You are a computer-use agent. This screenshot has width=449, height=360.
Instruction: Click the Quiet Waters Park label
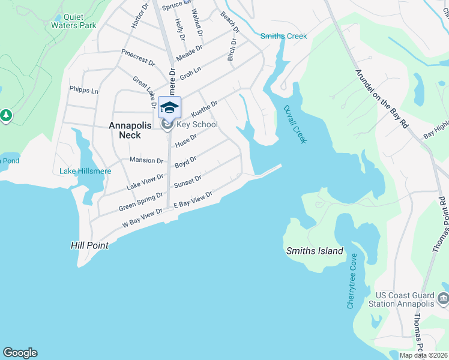(73, 22)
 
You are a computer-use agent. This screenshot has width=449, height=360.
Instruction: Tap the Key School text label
(197, 125)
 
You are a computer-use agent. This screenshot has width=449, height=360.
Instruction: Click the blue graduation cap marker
(169, 107)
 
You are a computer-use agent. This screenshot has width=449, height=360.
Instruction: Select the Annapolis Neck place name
(125, 130)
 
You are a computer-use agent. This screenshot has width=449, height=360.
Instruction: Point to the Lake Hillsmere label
(86, 171)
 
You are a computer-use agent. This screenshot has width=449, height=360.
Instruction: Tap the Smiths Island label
(315, 251)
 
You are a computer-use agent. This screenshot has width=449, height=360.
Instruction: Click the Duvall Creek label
(295, 124)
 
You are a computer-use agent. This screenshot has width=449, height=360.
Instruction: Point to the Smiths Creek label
(283, 36)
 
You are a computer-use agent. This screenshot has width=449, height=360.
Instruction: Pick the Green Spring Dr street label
(140, 201)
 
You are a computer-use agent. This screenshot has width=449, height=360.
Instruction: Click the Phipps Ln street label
(83, 91)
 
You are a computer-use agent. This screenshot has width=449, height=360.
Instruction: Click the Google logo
(20, 353)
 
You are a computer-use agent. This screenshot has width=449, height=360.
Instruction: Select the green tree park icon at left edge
(6, 115)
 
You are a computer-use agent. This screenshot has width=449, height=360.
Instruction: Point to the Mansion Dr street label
(146, 160)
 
